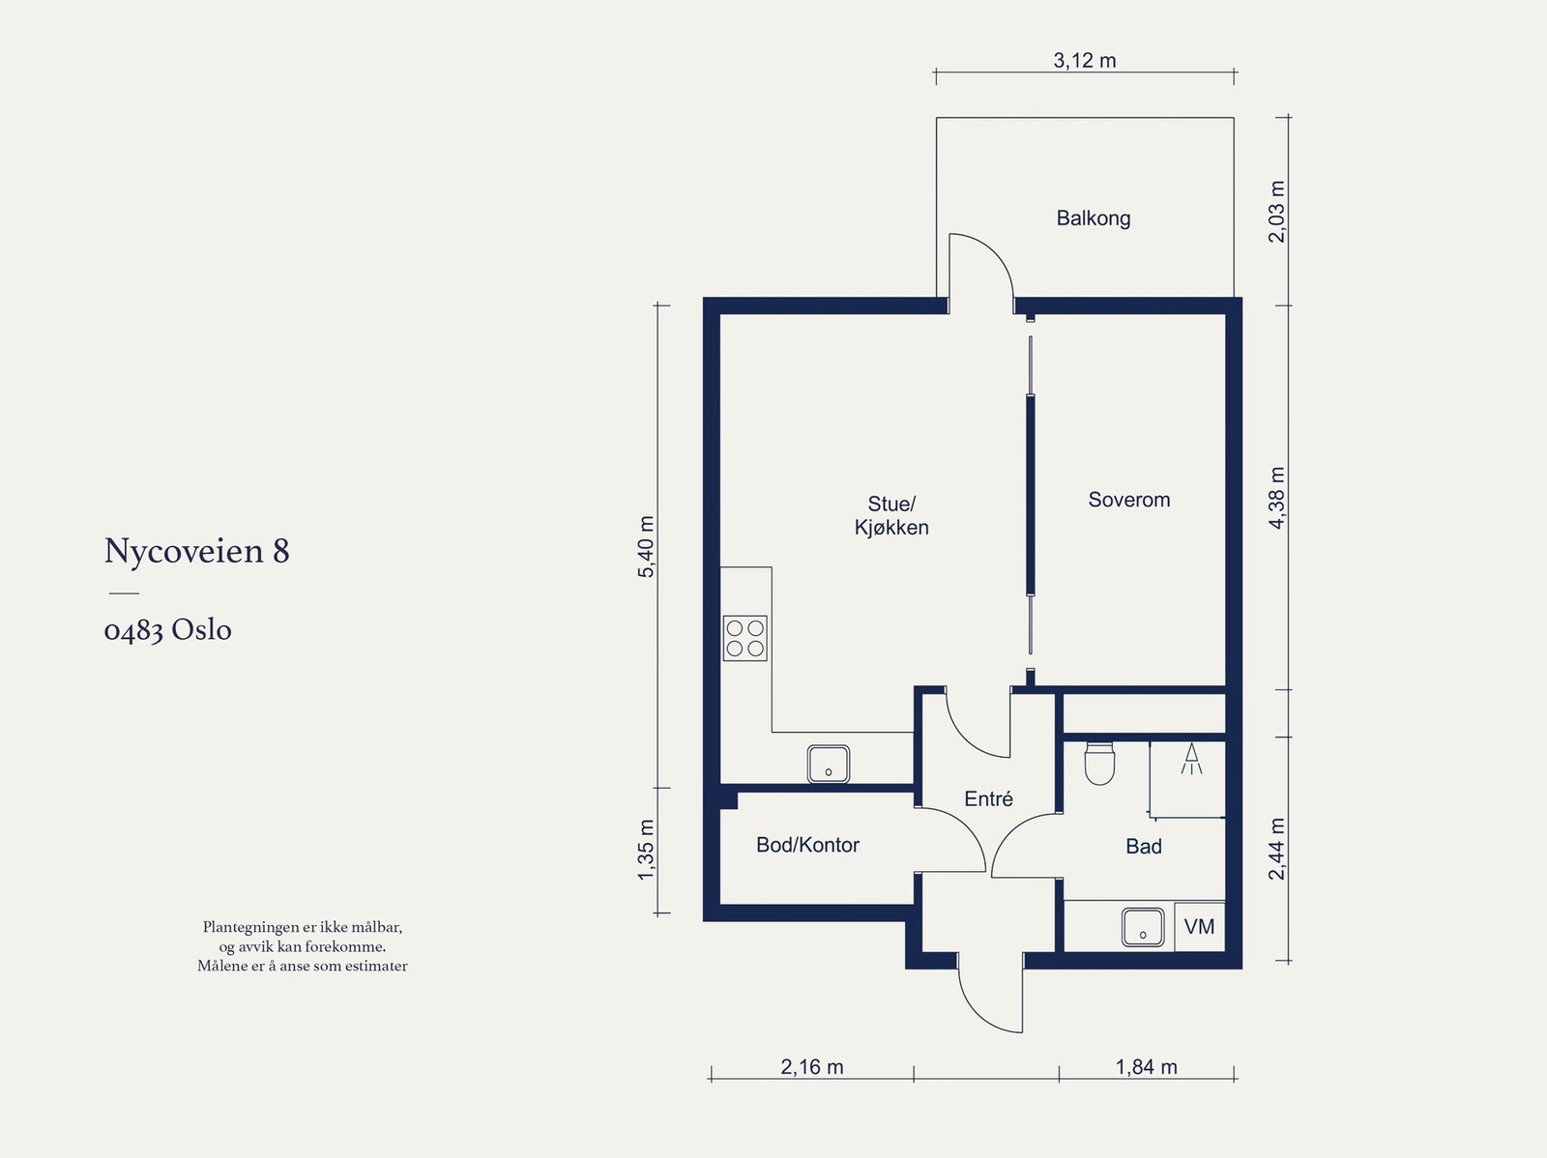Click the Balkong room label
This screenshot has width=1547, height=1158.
[x=1094, y=218]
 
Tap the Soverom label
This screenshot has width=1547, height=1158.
[x=1129, y=500]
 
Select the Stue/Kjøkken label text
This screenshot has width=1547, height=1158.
[x=891, y=515]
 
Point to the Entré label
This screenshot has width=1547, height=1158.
[x=988, y=798]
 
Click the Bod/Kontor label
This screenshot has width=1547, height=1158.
[x=807, y=845]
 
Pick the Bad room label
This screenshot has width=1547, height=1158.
[x=1144, y=846]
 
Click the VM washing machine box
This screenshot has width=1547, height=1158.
[x=1200, y=927]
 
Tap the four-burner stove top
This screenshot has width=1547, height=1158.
[x=744, y=638]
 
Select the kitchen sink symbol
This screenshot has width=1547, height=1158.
[x=828, y=765]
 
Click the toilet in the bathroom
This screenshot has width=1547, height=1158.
[x=1099, y=763]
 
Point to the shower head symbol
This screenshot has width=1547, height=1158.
[x=1191, y=759]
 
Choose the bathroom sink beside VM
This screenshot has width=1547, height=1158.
[x=1143, y=928]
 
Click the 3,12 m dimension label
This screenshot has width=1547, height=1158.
[x=1085, y=61]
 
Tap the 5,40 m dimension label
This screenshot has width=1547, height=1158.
[x=646, y=546]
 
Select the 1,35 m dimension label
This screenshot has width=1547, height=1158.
[x=646, y=851]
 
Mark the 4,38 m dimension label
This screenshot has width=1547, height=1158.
[x=1277, y=498]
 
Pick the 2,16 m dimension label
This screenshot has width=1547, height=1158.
[x=812, y=1067]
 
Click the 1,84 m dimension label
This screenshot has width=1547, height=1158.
[x=1146, y=1067]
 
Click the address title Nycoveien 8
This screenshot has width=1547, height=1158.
[x=196, y=551]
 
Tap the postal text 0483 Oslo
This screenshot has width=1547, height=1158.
[x=167, y=630]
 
